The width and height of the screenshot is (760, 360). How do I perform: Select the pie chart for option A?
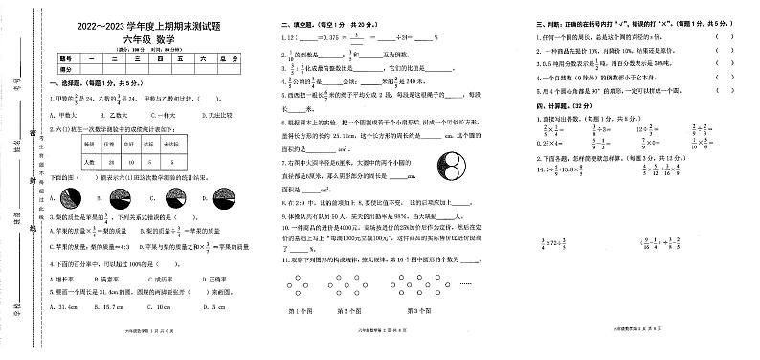point(71,197)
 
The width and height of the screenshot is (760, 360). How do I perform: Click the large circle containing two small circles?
point(450,168)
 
